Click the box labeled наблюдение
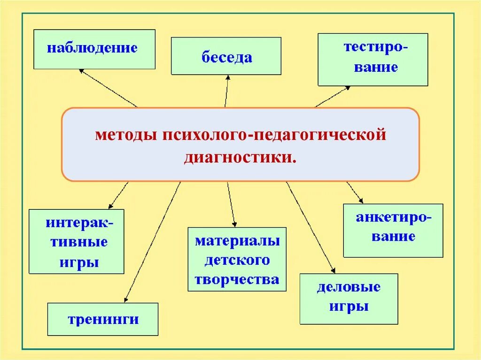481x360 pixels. tap(94, 49)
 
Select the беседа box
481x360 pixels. tap(226, 56)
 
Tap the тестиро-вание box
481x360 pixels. tap(373, 60)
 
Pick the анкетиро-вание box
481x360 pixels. tap(393, 230)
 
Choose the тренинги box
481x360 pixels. tap(103, 319)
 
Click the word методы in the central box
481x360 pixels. tap(126, 135)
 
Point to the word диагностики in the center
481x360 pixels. tap(240, 157)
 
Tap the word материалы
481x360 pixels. tap(237, 241)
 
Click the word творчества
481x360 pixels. tap(237, 280)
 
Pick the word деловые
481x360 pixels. tap(349, 287)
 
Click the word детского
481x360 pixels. tap(237, 260)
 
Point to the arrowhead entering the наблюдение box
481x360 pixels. tap(81, 71)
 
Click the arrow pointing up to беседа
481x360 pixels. tap(226, 92)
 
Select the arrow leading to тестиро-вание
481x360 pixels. tap(333, 97)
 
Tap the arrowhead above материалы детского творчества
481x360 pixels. tap(234, 224)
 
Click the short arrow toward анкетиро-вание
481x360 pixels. tap(355, 192)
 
